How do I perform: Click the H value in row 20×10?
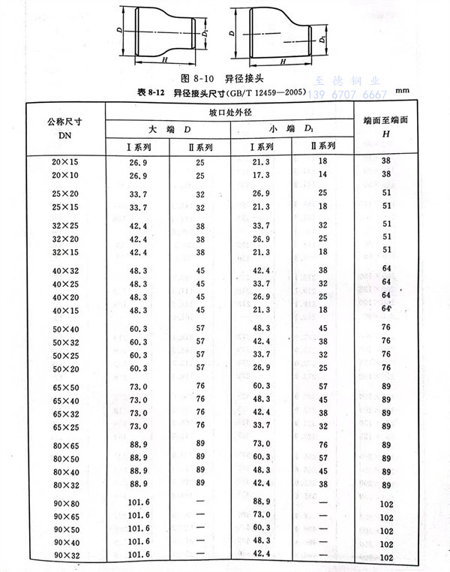(x=387, y=174)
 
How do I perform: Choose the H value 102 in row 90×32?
(x=387, y=557)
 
